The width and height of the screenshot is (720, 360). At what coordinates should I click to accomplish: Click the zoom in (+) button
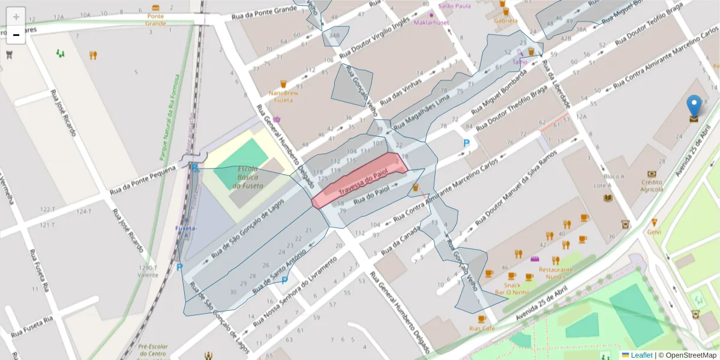coord(16,17)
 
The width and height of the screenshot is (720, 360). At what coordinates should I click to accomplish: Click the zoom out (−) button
coord(16,35)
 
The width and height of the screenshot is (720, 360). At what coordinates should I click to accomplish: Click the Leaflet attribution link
coord(641,355)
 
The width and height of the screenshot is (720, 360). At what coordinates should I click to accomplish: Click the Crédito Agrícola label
coord(652,185)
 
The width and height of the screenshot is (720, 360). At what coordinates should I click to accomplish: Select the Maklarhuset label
coord(431,22)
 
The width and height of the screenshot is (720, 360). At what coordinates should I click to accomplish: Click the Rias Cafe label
coord(481,329)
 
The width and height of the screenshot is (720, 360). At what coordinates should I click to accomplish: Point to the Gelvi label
coord(654,232)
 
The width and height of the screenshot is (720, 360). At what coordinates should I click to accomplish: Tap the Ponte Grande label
coord(155,20)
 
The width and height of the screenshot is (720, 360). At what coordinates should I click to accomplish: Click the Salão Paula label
coord(454,5)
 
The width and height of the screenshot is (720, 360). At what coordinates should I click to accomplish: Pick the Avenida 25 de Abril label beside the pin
coord(692,150)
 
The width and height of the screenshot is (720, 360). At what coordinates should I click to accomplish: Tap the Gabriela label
coord(505,20)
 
